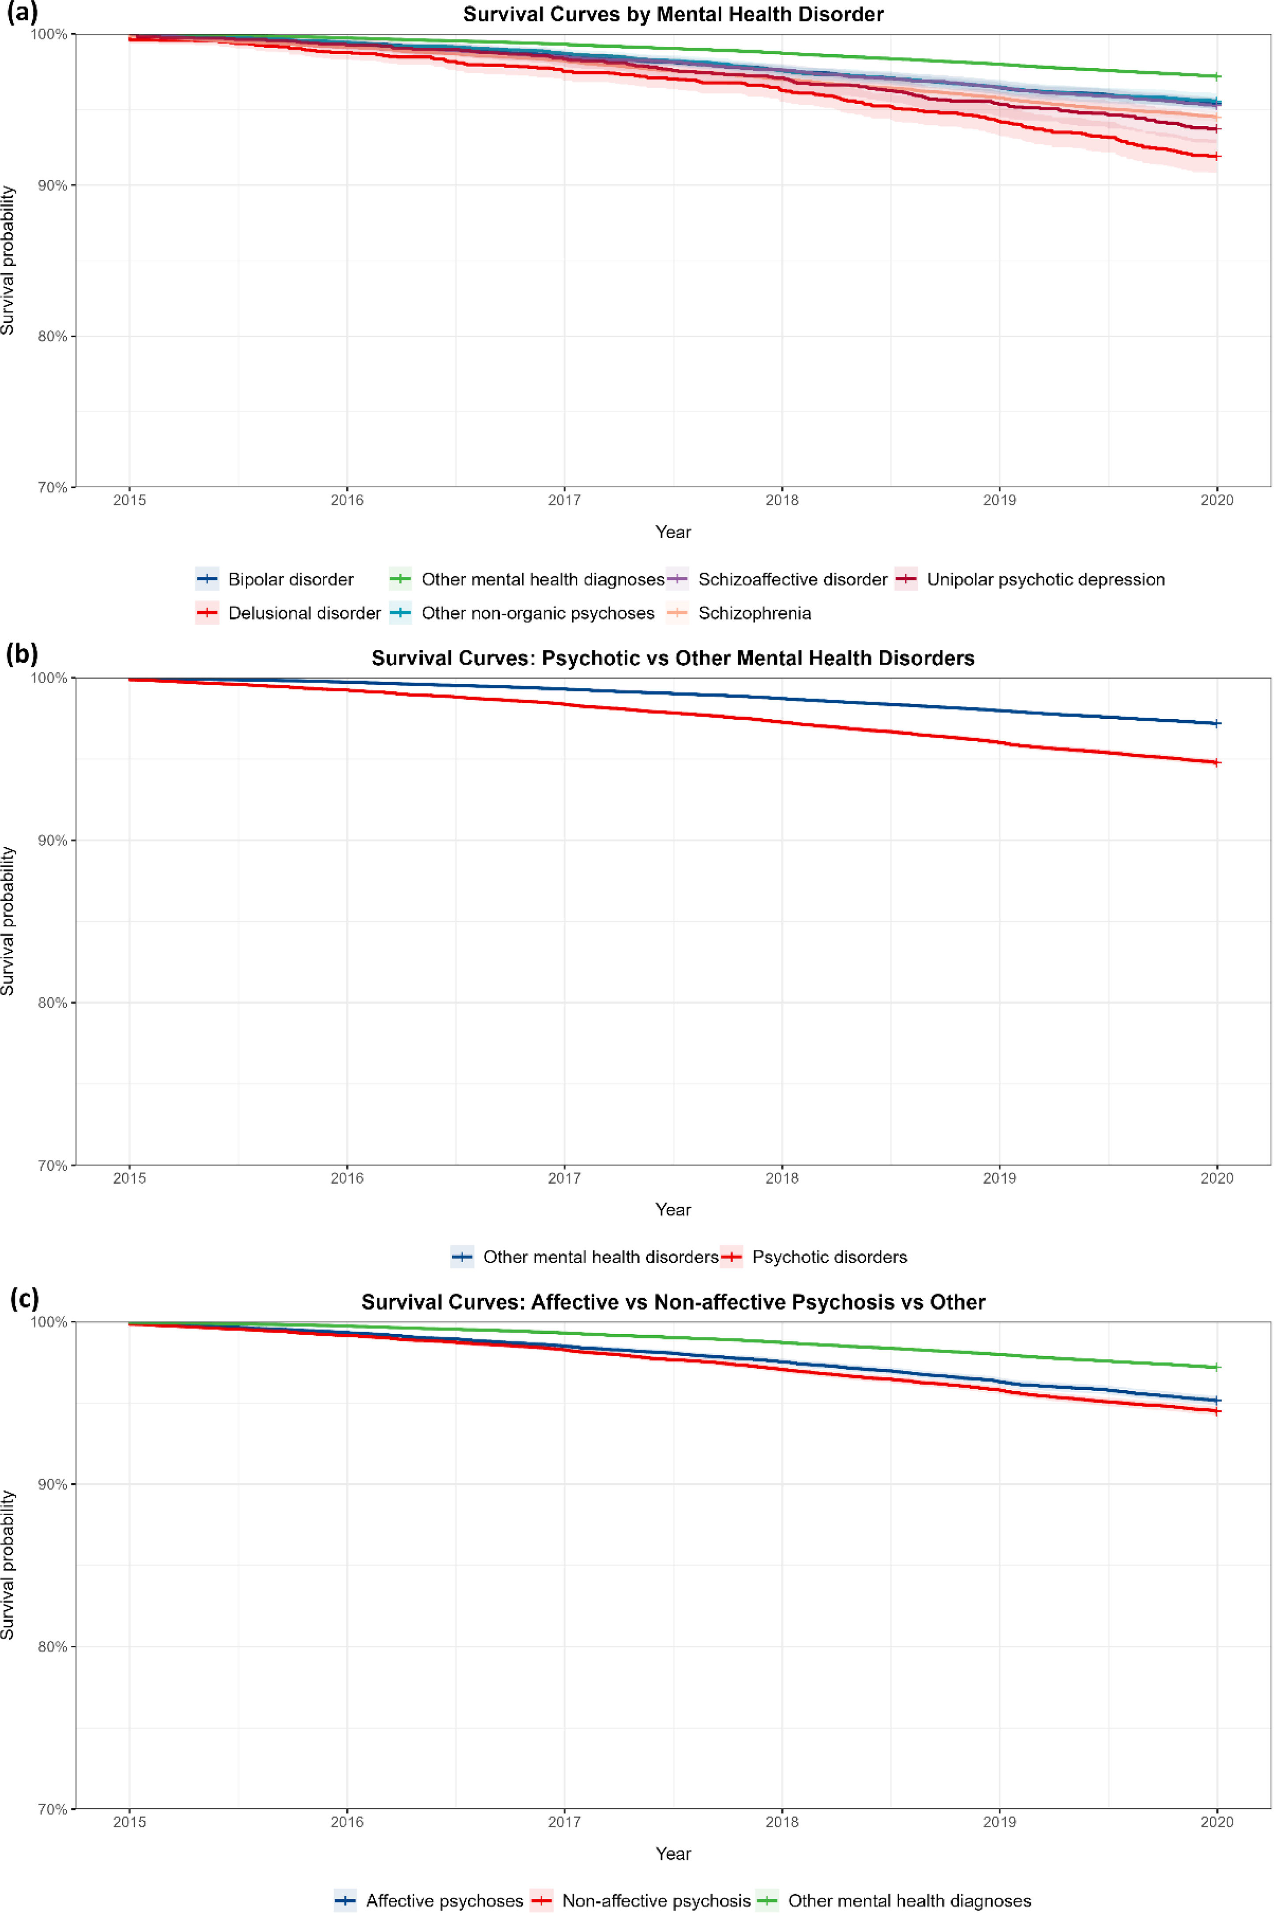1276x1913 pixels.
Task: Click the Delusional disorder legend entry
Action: pos(288,613)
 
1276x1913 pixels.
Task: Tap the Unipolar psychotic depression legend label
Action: pos(1046,580)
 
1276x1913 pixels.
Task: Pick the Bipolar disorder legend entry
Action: pos(275,580)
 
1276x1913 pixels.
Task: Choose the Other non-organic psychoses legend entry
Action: pos(522,613)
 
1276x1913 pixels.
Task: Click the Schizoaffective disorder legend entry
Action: pos(777,580)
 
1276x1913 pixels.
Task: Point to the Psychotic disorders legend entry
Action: pos(814,1257)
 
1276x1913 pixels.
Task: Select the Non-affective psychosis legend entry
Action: pos(641,1901)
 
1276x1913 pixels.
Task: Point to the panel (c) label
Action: pos(23,1298)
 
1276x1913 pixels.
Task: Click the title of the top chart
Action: pos(673,15)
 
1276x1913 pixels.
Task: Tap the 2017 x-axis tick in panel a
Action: pos(564,500)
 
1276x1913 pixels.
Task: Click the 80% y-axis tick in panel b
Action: pos(52,1003)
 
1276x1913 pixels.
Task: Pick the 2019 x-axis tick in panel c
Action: pos(999,1822)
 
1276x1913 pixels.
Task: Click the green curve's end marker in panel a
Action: pos(1217,76)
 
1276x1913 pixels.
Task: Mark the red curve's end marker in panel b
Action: pos(1217,763)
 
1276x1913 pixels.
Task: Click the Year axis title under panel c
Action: pos(673,1853)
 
